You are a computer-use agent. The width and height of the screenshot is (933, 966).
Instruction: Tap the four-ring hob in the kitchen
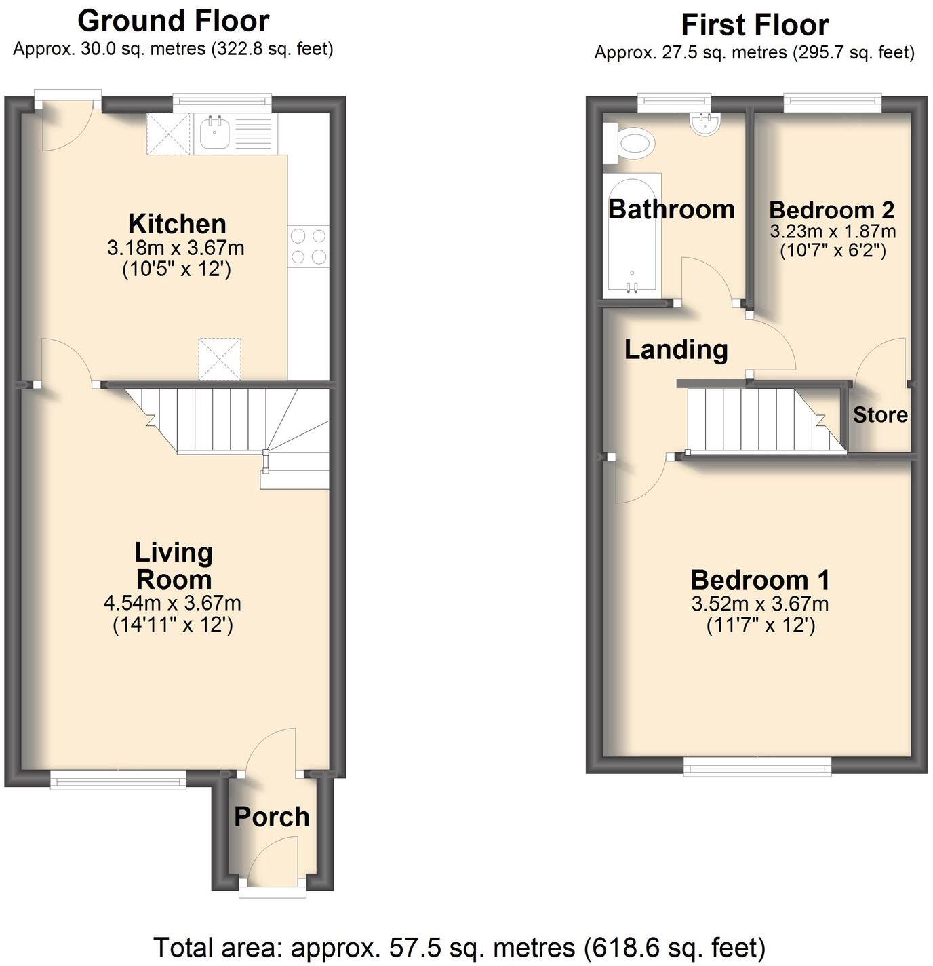[x=309, y=246]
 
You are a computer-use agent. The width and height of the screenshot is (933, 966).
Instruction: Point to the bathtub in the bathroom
[x=632, y=234]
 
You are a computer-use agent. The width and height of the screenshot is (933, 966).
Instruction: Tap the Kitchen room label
[x=177, y=224]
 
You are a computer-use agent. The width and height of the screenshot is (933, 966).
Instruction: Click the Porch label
[x=272, y=817]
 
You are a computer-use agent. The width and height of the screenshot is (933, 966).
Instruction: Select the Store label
[x=880, y=414]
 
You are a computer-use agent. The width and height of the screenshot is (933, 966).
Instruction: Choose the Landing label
[x=676, y=349]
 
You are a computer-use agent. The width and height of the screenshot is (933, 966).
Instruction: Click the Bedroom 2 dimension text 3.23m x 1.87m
[x=833, y=231]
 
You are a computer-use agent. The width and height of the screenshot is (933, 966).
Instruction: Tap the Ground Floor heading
[x=174, y=21]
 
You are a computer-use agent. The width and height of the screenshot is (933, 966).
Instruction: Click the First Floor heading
[x=755, y=25]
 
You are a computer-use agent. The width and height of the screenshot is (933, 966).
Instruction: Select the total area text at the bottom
[x=459, y=946]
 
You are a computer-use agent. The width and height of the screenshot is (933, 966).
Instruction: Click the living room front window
[x=119, y=780]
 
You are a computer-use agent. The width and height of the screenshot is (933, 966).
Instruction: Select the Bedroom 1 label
[x=760, y=580]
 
